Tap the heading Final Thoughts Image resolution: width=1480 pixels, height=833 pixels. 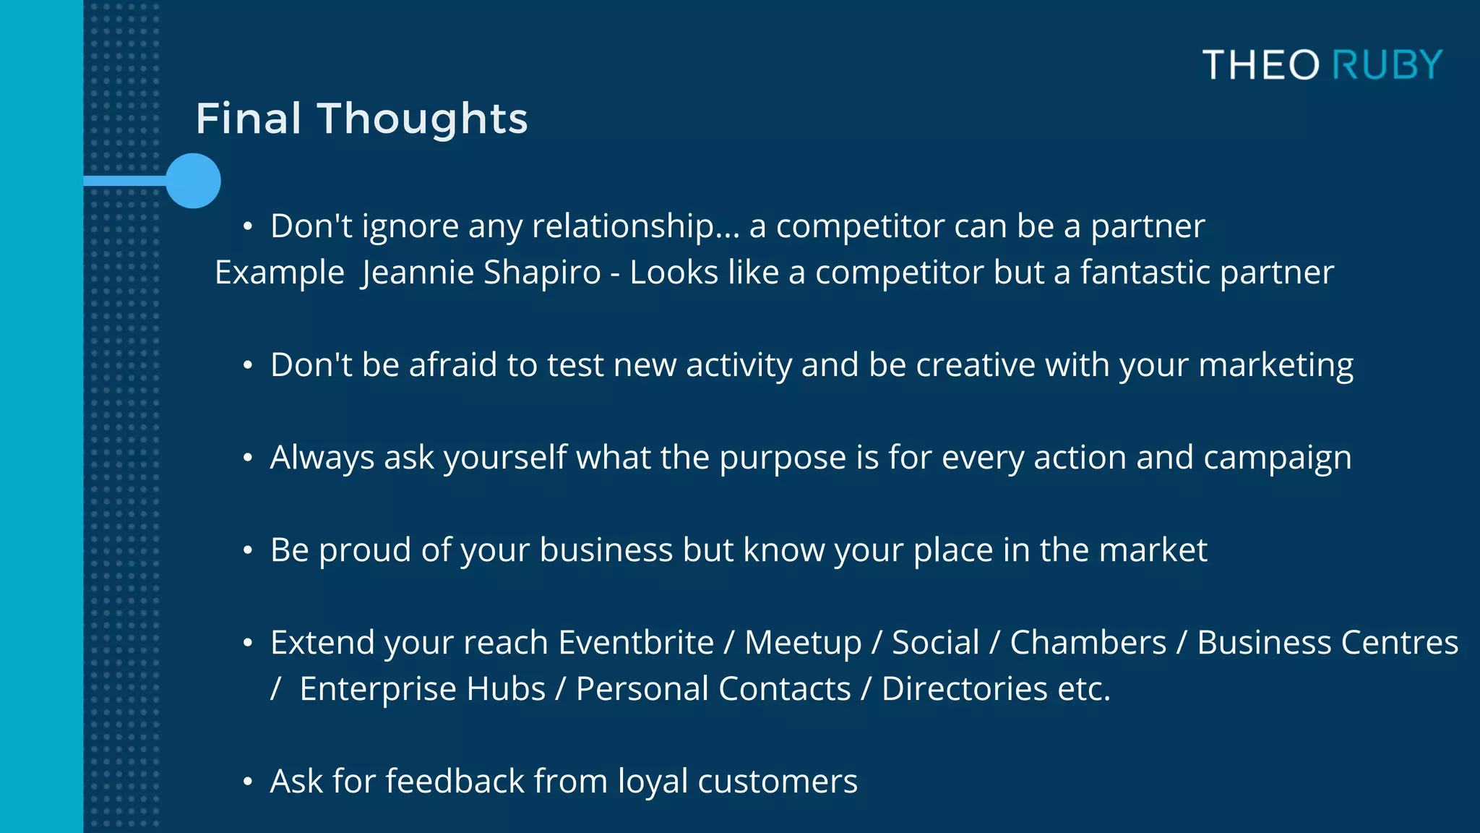[x=361, y=119]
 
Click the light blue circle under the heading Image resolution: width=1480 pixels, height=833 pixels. [x=193, y=181]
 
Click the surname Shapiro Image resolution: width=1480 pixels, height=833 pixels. [x=542, y=273]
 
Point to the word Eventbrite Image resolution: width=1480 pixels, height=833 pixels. [x=636, y=642]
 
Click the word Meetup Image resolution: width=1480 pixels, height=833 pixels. [x=803, y=642]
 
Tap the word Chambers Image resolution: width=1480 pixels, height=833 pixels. [x=1088, y=642]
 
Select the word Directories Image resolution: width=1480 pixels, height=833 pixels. [x=964, y=688]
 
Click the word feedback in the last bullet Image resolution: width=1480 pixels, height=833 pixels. [x=455, y=781]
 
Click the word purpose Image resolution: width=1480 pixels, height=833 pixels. [x=782, y=458]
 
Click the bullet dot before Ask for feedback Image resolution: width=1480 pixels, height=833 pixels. [x=248, y=782]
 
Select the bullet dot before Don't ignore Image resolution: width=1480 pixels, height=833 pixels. [x=248, y=226]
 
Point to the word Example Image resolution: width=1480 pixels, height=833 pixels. [x=280, y=273]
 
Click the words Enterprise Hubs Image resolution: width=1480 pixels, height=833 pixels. [x=422, y=688]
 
